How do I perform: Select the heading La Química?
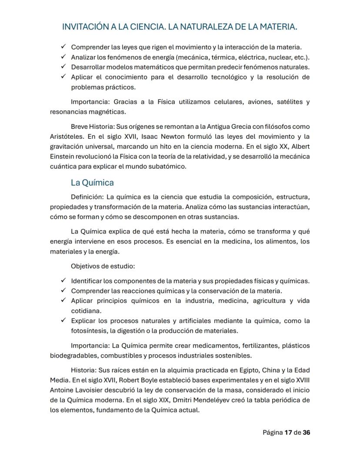pyautogui.click(x=92, y=182)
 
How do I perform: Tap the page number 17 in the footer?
pyautogui.click(x=288, y=432)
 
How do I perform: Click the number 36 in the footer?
pyautogui.click(x=307, y=432)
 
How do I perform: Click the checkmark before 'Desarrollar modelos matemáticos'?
pyautogui.click(x=63, y=67)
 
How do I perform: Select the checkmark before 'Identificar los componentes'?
pyautogui.click(x=63, y=281)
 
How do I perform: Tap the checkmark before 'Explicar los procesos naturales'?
pyautogui.click(x=63, y=321)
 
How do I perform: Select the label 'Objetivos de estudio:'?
pyautogui.click(x=97, y=265)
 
